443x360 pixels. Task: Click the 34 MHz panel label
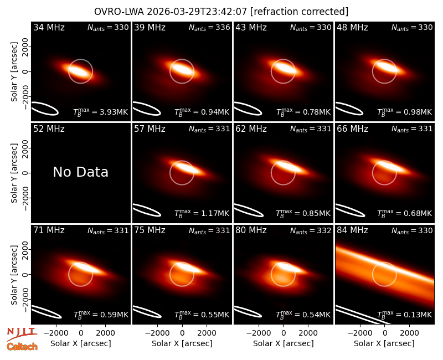click(49, 27)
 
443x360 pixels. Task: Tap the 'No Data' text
click(80, 172)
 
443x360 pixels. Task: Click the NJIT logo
click(22, 333)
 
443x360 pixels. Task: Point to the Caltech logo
click(22, 347)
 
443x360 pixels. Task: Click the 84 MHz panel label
click(352, 230)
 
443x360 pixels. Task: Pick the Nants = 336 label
click(209, 28)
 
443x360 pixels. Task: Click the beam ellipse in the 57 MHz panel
click(147, 210)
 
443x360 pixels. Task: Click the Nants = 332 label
click(311, 231)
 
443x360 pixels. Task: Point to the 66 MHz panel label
click(352, 129)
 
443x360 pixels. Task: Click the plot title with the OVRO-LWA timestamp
click(221, 12)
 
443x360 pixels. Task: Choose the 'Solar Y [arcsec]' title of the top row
click(14, 72)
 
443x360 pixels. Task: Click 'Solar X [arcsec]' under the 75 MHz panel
click(182, 343)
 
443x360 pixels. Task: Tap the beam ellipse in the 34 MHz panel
click(45, 109)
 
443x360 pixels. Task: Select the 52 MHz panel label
click(49, 129)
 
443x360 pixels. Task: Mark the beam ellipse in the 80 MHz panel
click(248, 312)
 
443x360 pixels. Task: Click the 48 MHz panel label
click(352, 27)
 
